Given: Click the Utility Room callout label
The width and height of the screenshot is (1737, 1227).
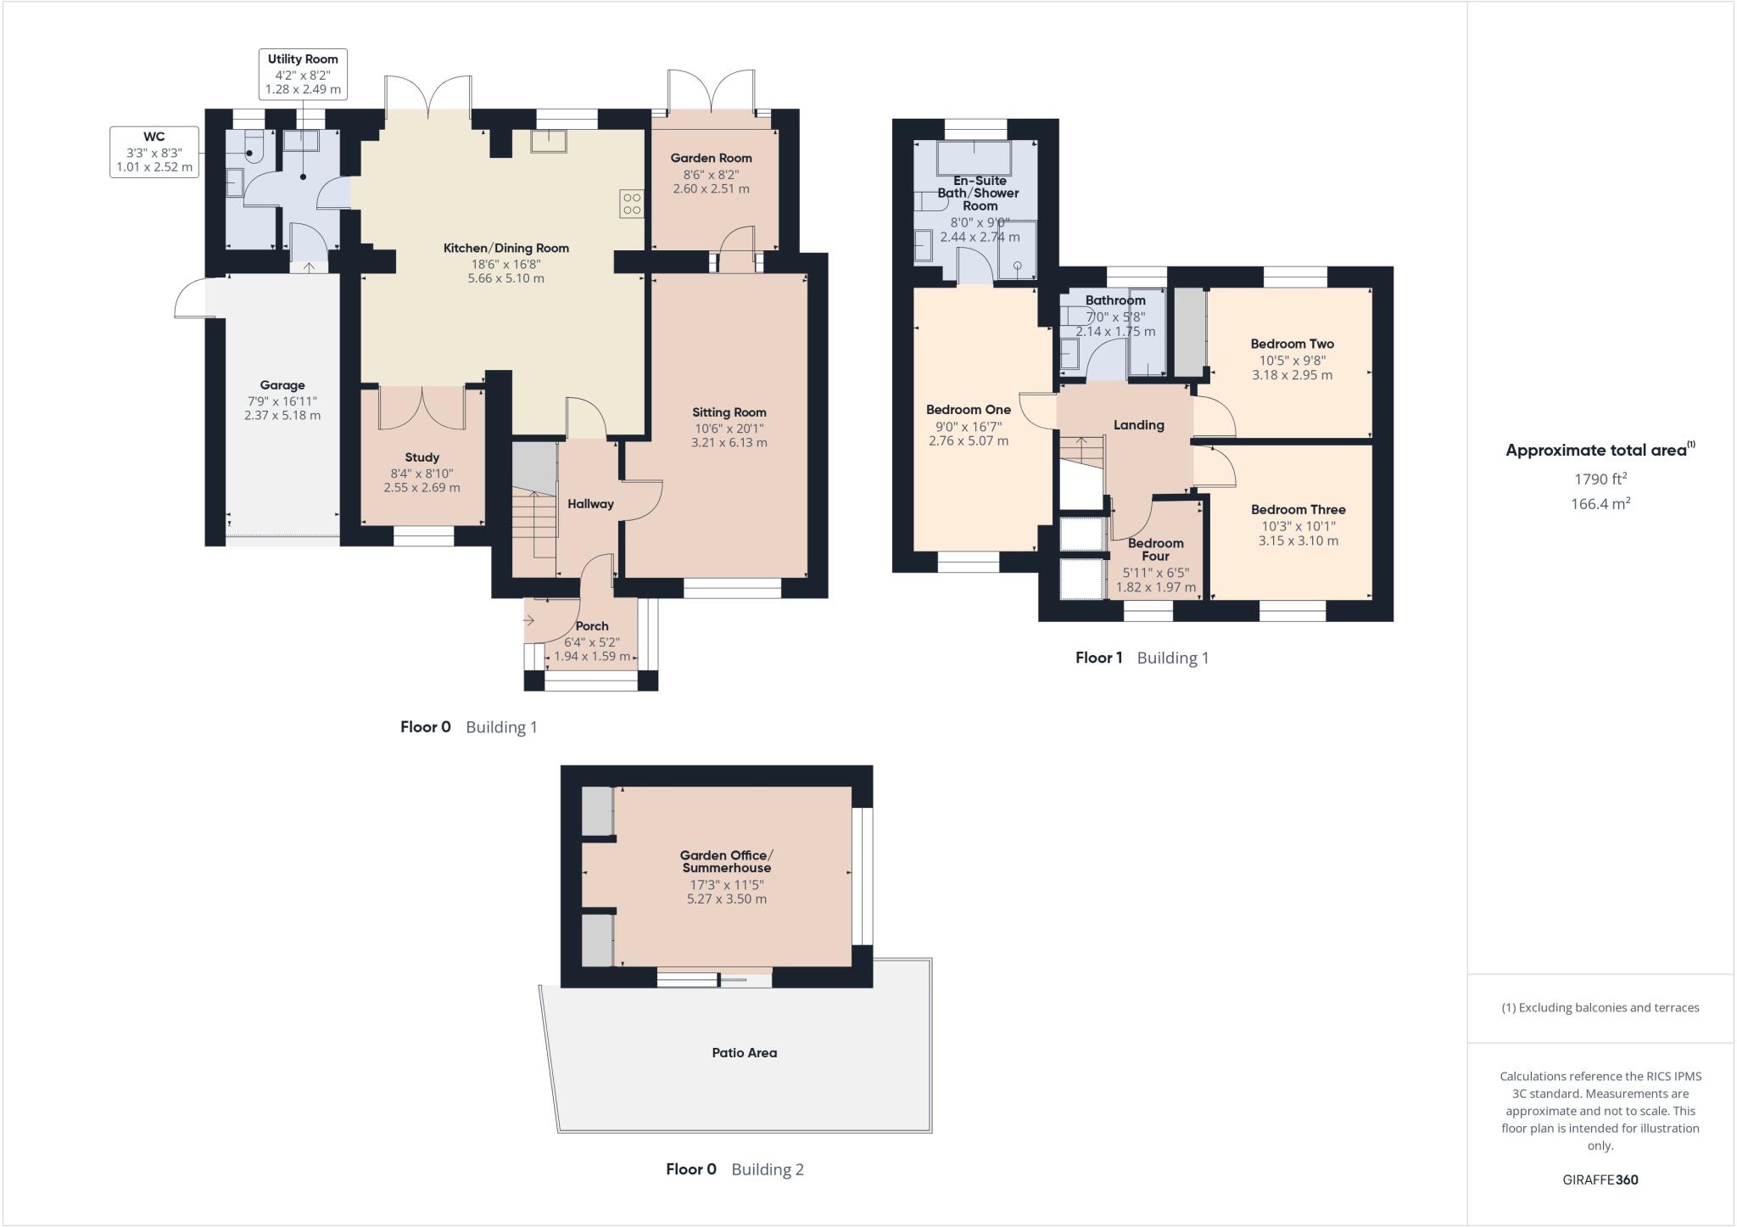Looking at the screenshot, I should pos(303,74).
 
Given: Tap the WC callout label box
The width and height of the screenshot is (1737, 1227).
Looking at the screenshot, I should pos(154,152).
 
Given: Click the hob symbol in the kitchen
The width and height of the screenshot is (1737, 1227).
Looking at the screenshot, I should pos(632,204).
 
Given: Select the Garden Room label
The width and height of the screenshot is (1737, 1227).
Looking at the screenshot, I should pos(711,158).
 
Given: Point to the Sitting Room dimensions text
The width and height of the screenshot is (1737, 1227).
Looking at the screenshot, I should pos(729,435).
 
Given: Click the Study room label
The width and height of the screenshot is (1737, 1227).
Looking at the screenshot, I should pos(422,457).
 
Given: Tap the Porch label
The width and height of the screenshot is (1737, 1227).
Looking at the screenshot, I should pos(592,626).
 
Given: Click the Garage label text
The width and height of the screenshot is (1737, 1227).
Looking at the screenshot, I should pos(282,385).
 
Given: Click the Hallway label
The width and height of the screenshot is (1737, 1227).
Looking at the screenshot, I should pos(590,504).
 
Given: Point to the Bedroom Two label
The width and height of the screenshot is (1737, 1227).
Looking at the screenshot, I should pos(1292,344).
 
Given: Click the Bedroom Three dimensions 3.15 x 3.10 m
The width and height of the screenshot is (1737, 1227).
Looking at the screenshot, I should pos(1298,541).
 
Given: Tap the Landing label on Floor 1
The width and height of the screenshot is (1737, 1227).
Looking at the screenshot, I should pos(1138,425).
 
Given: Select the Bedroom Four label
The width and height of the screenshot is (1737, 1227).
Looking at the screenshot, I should pos(1155,550).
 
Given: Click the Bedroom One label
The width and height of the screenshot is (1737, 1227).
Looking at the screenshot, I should pos(968,410).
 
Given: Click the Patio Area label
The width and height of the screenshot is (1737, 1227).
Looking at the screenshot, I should pos(744,1053).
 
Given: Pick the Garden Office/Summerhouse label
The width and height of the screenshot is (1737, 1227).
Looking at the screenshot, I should pos(726,861).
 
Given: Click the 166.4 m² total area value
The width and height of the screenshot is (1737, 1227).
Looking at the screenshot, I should pos(1600,504).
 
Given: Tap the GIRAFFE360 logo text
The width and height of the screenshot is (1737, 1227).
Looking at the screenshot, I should pos(1600,1179).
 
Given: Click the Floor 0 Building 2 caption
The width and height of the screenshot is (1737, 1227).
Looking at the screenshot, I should pos(734,1169).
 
